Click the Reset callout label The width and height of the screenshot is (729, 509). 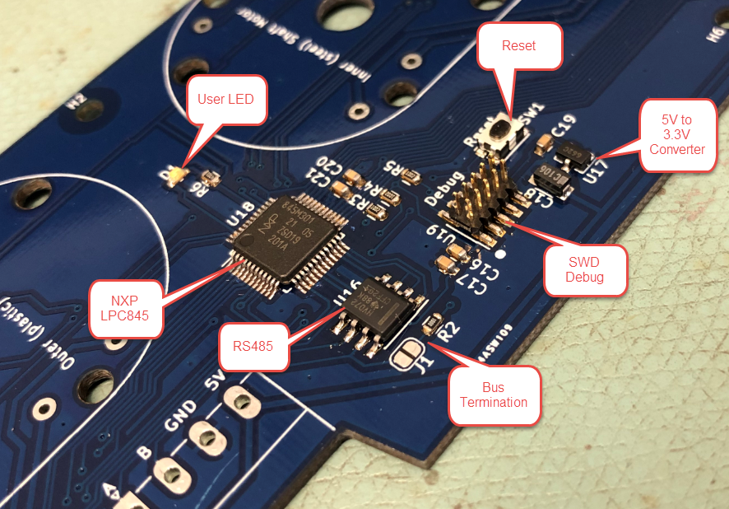(518, 46)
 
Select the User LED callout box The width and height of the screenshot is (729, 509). (225, 100)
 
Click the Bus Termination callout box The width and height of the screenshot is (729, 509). (493, 395)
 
